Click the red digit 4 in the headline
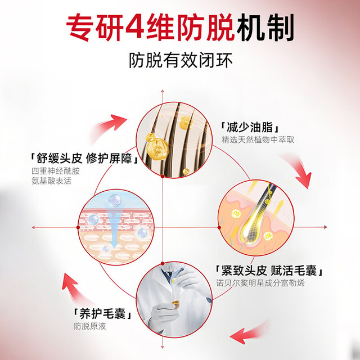tap(134, 27)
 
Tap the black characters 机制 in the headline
tap(265, 27)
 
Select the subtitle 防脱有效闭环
tap(181, 60)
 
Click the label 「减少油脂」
tap(250, 128)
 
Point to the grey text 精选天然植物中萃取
tap(258, 139)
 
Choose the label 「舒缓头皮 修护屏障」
tap(84, 159)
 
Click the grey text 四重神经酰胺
tap(56, 171)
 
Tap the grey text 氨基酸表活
tap(51, 181)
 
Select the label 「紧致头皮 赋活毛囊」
tap(269, 271)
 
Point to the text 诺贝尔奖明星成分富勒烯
tap(260, 283)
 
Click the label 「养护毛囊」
tap(103, 314)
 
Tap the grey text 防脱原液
tap(90, 326)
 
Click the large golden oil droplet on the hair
tap(156, 146)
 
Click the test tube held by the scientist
tap(175, 294)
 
